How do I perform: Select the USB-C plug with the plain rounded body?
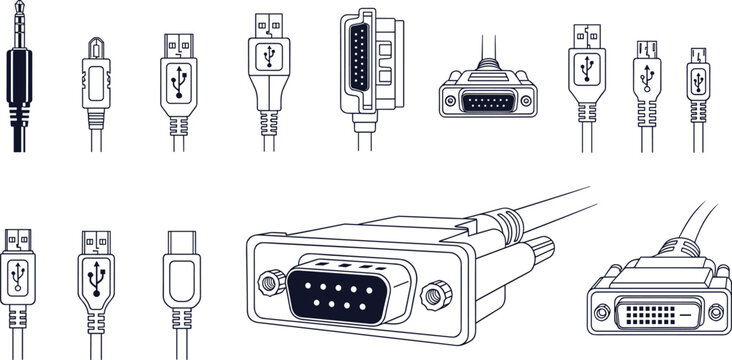[181, 280]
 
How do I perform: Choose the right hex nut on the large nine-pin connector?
[433, 295]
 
